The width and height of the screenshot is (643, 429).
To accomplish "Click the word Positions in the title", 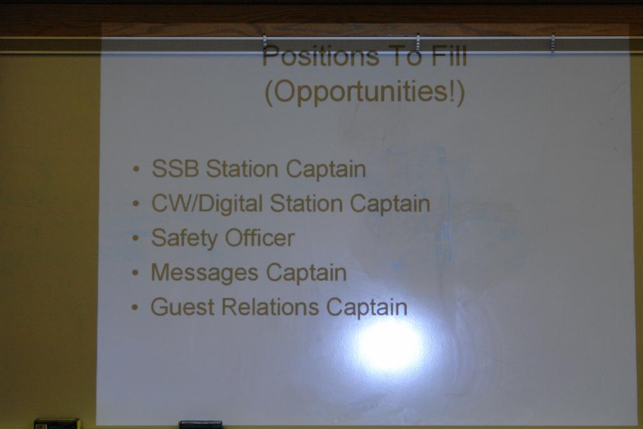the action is coord(321,57).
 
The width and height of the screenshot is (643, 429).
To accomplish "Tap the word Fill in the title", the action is coord(449,56).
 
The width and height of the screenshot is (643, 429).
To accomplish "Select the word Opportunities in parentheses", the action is coord(365,92).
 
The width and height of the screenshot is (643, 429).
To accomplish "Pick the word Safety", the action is coord(184,239).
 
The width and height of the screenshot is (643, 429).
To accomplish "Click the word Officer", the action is coord(260,237).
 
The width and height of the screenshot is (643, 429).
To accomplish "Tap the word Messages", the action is coord(204,273).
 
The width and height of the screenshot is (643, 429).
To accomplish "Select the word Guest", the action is coord(183,307).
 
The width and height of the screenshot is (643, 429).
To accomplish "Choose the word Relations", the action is coord(270,307).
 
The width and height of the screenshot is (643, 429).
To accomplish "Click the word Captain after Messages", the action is coord(307,273).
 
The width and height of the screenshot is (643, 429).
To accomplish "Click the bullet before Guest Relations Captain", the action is coord(135,307).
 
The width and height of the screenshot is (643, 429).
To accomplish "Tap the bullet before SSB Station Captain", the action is coord(136,169).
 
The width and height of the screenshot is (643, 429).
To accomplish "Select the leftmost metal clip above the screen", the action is coord(265,43).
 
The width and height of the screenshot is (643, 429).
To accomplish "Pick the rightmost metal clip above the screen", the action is coord(553,43).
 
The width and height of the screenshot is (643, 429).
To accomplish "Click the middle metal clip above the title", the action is coord(418,43).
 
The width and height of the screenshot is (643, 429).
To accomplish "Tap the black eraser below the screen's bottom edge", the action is coord(201,425).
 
